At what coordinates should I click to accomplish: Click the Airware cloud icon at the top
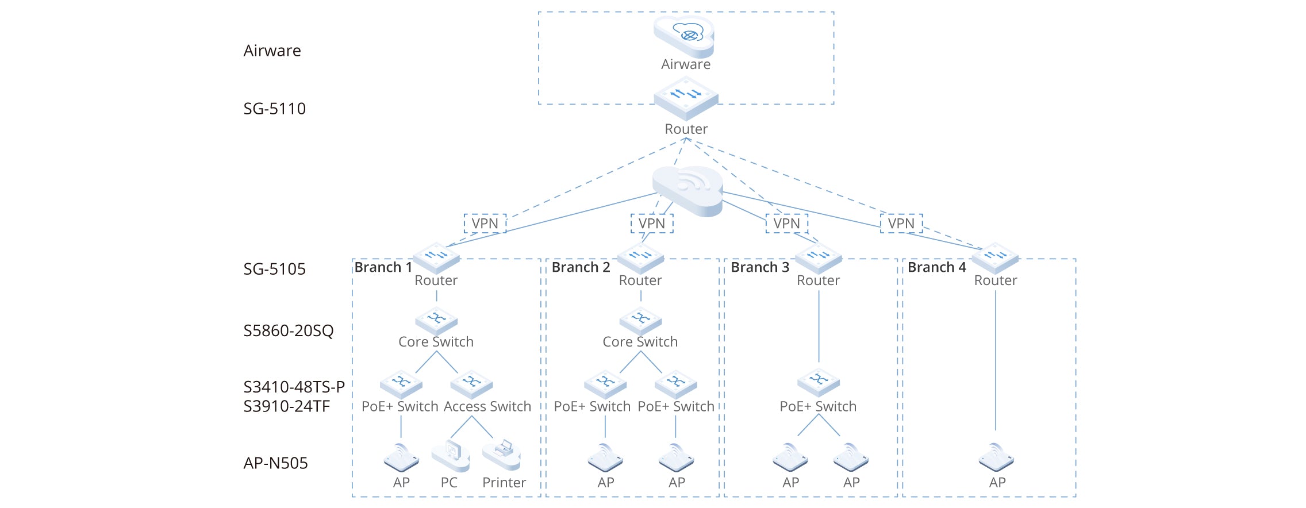point(684,36)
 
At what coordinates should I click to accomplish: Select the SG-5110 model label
point(274,109)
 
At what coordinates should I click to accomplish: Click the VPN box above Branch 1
point(485,224)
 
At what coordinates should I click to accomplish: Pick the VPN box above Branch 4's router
point(901,224)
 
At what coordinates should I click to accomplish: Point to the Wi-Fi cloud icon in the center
point(687,191)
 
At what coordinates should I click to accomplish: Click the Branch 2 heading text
point(581,267)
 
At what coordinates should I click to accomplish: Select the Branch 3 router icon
point(818,258)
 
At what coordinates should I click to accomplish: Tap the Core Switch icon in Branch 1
point(436,321)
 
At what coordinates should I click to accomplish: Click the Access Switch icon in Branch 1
point(471,384)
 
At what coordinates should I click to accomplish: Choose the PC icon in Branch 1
point(451,456)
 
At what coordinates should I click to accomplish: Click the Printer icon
point(502,455)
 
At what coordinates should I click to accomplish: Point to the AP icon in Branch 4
point(996,457)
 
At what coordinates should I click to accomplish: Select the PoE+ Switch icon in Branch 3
point(819,382)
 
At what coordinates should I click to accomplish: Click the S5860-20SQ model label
point(289,331)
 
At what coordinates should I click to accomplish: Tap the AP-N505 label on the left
point(275,463)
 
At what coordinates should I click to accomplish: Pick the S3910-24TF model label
point(286,406)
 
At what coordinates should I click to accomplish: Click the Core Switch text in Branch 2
point(640,342)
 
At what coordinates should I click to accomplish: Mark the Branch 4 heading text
point(936,267)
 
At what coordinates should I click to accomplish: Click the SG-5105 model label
point(274,269)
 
